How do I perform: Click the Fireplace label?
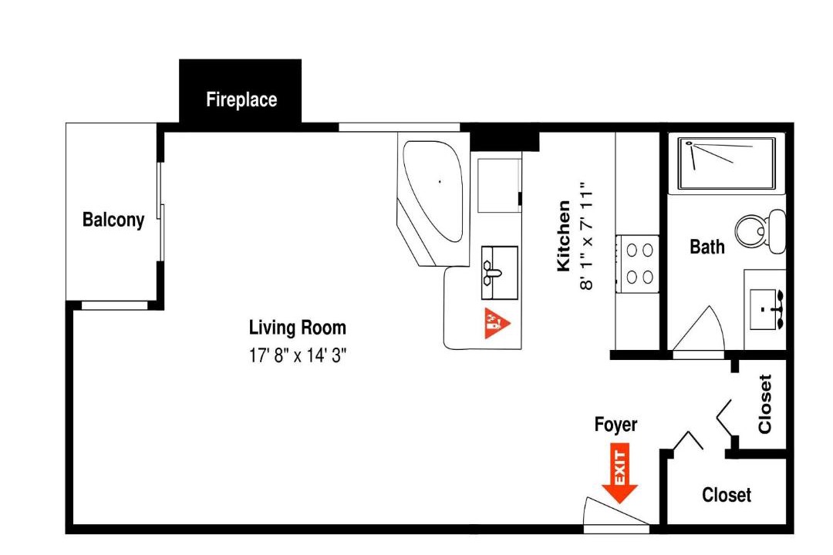241,99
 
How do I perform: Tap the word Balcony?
113,220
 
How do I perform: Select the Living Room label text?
298,328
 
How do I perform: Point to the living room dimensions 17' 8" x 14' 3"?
298,355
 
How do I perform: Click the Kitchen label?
564,236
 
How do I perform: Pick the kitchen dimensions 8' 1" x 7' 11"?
585,236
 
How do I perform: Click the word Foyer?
615,425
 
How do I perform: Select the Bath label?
707,247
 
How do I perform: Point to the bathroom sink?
766,310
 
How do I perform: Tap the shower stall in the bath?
726,163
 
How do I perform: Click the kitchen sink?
499,272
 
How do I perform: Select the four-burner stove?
638,264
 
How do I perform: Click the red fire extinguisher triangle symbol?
497,323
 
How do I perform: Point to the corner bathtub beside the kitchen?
433,199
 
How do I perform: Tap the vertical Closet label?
765,404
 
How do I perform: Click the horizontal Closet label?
727,495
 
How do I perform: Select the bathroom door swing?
699,328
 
